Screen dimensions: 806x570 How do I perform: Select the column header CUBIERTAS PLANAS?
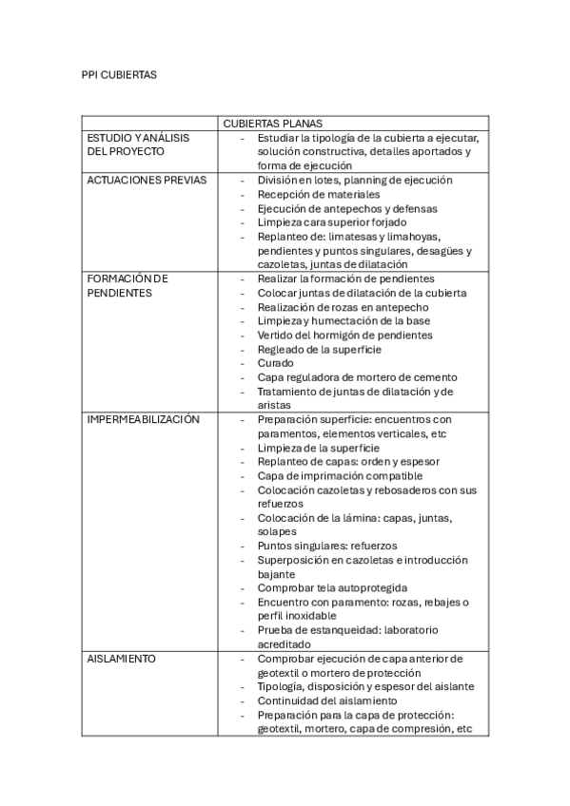[x=273, y=124]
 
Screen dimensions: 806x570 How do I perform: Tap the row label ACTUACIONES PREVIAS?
[x=147, y=180]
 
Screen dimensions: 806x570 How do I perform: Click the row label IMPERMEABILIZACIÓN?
[x=143, y=419]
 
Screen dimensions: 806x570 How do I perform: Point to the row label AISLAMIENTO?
[x=122, y=658]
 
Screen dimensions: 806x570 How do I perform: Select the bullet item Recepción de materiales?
[x=318, y=194]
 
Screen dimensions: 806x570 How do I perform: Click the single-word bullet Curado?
[x=275, y=363]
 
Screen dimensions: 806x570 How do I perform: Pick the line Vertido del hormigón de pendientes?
[x=331, y=335]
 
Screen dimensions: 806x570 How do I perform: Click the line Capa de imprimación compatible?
[x=339, y=475]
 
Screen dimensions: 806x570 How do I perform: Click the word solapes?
[x=277, y=531]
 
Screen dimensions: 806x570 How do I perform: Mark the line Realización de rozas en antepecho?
[x=343, y=307]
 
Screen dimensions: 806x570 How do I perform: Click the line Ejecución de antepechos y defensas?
[x=347, y=208]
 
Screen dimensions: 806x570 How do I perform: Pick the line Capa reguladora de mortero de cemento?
[x=357, y=377]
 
